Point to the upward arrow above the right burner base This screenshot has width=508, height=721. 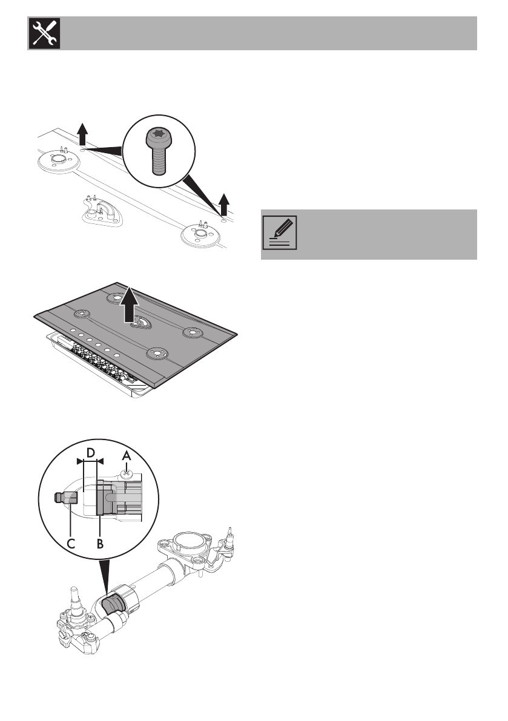[x=224, y=204]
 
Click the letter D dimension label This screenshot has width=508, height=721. [x=90, y=453]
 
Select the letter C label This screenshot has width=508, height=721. [x=71, y=543]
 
